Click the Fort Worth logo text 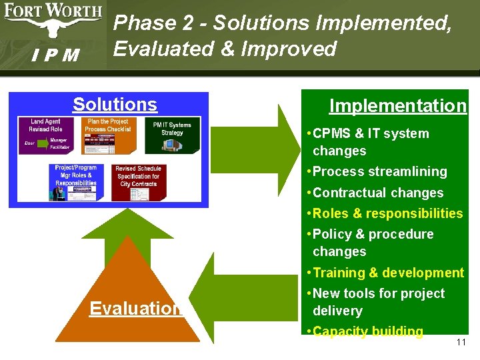click(53, 12)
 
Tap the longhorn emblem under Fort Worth click(53, 28)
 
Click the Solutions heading click(115, 105)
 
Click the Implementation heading click(398, 106)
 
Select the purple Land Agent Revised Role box click(45, 136)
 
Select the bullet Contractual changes click(377, 193)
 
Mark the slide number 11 click(461, 343)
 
